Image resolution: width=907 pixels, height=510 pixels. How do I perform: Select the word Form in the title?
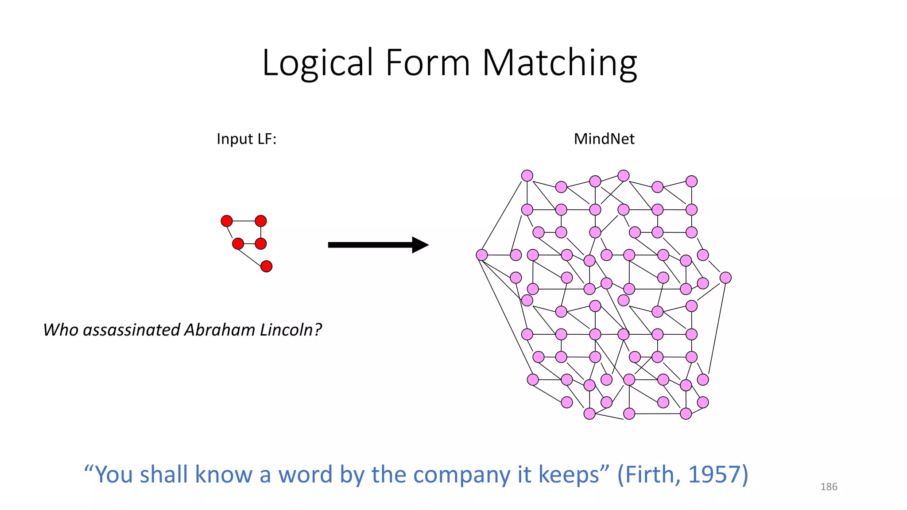point(427,63)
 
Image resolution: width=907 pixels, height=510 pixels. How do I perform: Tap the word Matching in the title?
point(559,63)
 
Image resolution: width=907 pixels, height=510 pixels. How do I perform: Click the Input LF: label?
point(246,139)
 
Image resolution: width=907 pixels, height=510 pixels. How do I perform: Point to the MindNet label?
point(604,139)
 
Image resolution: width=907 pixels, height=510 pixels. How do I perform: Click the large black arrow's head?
point(420,245)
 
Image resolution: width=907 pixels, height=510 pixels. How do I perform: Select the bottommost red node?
point(266,267)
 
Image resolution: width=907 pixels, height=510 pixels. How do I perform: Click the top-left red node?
point(227,221)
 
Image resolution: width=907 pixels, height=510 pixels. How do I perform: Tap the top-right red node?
point(261,221)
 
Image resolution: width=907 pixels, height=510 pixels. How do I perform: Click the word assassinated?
point(132,330)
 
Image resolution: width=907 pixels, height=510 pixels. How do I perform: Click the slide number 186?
point(829,487)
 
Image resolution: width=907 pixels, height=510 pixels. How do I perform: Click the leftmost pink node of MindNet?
point(482,255)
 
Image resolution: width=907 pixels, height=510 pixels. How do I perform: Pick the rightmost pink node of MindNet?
point(725,278)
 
